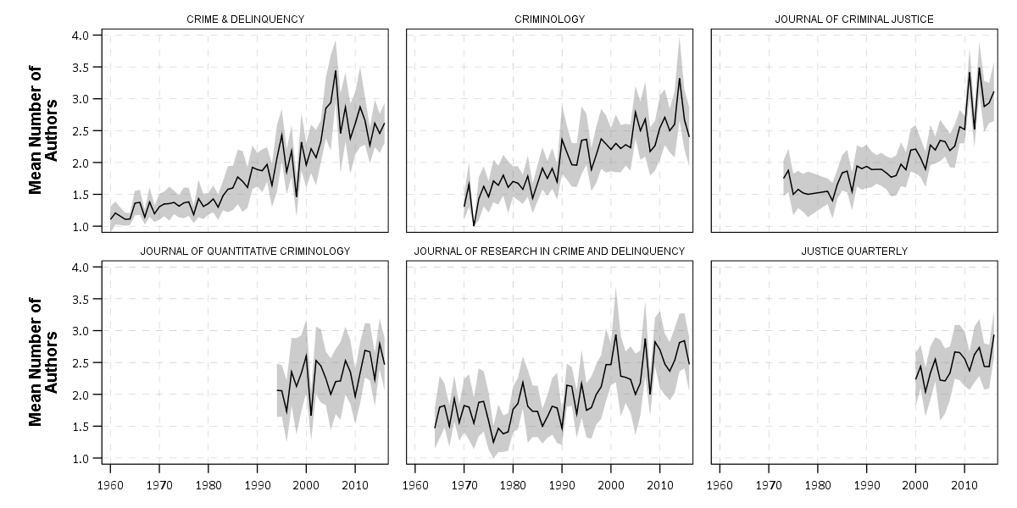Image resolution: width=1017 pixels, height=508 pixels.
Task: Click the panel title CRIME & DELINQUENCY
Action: [245, 19]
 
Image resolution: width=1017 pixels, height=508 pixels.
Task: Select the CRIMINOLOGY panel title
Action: [549, 19]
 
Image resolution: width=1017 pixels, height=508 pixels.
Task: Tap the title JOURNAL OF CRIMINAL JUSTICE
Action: [854, 19]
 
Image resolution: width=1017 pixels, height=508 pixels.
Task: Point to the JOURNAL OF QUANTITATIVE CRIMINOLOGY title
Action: [245, 251]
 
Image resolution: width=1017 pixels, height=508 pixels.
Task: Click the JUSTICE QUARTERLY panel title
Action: [854, 251]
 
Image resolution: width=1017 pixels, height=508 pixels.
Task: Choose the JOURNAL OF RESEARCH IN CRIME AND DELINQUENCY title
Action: [549, 251]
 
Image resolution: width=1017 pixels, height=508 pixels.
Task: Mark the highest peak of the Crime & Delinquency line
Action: [336, 70]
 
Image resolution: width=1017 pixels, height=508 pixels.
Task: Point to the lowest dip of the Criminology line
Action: [474, 225]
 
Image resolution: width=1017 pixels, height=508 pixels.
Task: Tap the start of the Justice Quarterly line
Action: [916, 378]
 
